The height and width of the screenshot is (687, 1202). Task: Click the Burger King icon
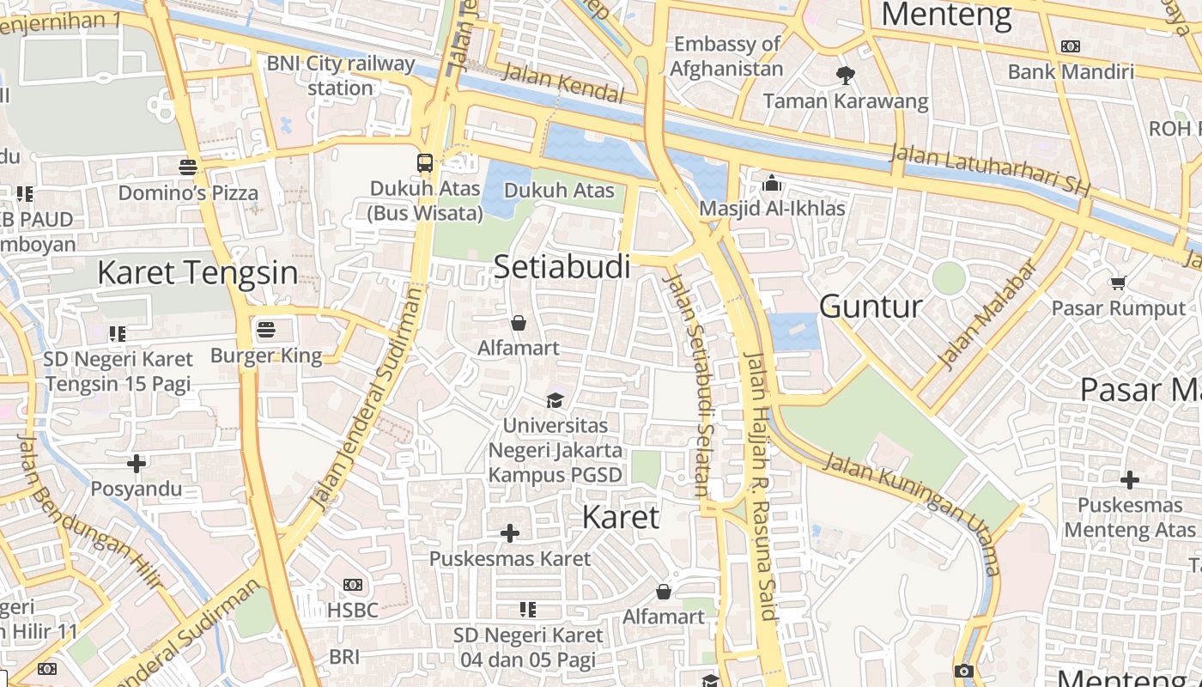point(266,329)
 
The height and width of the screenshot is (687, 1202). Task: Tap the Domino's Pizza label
point(188,192)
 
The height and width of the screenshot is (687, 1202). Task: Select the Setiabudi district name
point(562,267)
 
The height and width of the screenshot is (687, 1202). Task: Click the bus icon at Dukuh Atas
point(425,162)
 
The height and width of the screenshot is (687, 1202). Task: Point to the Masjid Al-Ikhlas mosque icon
point(772,183)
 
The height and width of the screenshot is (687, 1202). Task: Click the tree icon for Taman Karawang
point(846,76)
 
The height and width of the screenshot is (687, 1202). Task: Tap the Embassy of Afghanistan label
point(727,56)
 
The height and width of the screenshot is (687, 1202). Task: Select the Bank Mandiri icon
point(1071,46)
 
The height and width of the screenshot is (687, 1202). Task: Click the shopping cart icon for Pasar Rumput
point(1118,283)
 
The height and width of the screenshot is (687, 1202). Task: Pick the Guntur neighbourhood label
point(871,307)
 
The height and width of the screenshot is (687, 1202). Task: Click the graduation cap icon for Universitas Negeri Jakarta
point(555,400)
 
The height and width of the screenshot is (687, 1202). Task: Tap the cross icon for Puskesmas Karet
point(510,533)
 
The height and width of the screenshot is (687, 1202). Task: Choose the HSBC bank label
point(353,611)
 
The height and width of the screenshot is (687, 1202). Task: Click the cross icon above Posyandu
point(137,464)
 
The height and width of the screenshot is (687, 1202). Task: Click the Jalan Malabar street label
point(987,314)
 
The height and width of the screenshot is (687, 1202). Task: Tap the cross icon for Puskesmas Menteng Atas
point(1130,479)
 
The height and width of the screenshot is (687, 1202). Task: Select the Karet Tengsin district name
point(197,273)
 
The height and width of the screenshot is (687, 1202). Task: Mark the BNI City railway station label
point(341,76)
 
